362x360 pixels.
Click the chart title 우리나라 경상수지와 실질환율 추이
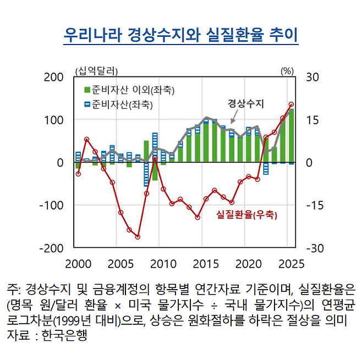[x=180, y=36]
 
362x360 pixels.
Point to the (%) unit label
[x=288, y=70]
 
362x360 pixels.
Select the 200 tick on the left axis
[x=53, y=77]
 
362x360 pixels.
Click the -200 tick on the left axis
[x=51, y=248]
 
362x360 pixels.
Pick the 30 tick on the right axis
[x=312, y=77]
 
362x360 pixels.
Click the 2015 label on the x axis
[x=206, y=262]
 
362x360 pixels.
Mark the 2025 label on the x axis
[x=290, y=262]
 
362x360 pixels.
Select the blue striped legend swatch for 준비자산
[x=87, y=104]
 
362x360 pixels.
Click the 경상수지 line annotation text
[x=246, y=103]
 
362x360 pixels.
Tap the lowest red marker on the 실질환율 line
[x=138, y=237]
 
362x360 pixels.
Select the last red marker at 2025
[x=292, y=104]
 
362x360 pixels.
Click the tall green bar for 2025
[x=292, y=135]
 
